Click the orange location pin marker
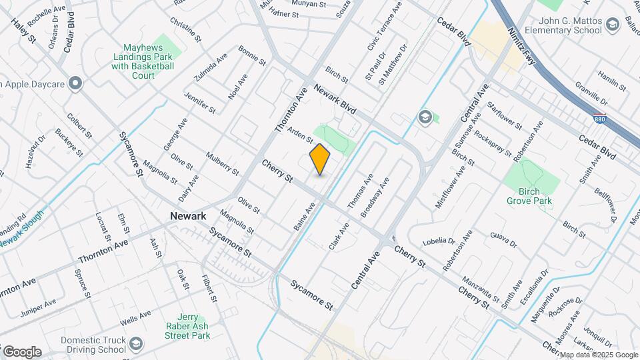320,159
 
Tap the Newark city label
189,216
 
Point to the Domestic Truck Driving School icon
136,344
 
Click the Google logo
21,351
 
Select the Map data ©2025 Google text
597,355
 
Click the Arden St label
300,135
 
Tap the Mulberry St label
223,163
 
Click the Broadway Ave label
375,198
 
